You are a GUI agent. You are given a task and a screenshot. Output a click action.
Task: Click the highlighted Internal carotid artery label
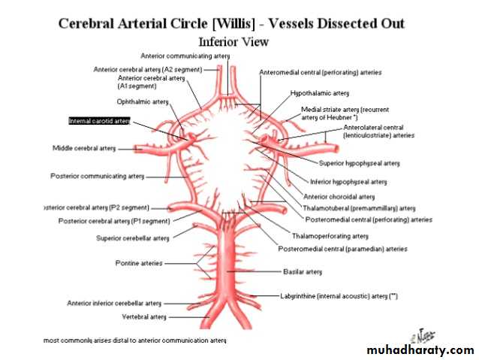pos(99,120)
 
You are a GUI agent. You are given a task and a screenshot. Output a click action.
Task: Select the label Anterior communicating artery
pos(185,56)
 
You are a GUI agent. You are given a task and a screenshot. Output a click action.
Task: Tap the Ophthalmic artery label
pos(143,101)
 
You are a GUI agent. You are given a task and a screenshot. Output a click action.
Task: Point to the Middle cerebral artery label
pos(84,148)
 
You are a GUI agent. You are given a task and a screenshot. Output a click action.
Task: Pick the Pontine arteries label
pos(138,263)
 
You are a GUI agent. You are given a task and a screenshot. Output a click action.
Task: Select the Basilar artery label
pos(301,271)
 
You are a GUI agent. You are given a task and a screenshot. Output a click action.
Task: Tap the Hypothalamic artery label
pos(320,93)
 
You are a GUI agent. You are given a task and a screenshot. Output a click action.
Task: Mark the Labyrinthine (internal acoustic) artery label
pos(339,296)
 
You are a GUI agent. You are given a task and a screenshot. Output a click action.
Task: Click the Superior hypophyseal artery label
pos(359,162)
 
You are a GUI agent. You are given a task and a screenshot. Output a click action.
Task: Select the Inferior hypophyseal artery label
pos(348,181)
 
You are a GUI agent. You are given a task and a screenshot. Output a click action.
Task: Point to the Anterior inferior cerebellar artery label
pos(114,303)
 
